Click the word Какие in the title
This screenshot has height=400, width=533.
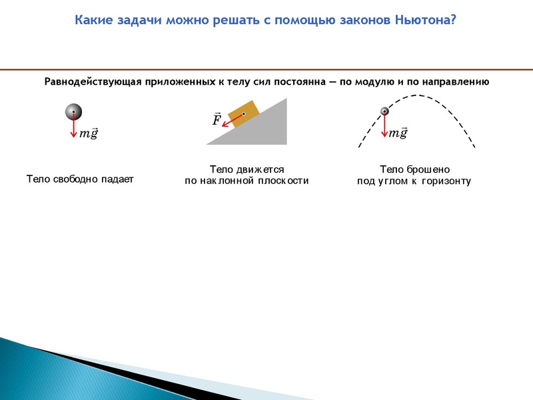(92, 19)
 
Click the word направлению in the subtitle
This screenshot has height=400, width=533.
(454, 82)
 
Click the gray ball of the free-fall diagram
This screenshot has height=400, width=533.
(73, 112)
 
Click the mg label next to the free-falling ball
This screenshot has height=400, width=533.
(89, 133)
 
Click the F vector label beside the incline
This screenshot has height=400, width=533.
(217, 120)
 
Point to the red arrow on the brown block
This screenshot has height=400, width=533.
(233, 119)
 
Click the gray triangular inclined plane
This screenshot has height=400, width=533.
(266, 130)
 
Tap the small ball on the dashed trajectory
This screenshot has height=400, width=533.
(384, 111)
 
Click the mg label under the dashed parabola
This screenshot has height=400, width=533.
(398, 133)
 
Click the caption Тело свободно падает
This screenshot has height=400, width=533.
(80, 179)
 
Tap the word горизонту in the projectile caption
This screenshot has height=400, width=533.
(446, 181)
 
